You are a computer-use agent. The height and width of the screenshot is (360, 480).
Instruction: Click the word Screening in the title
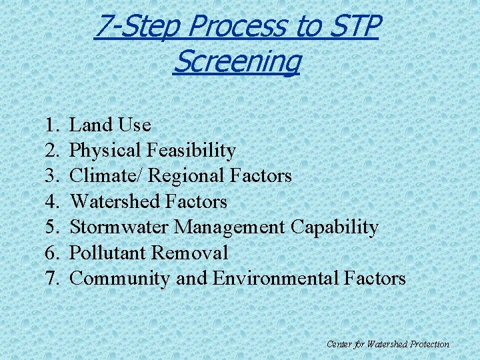(237, 62)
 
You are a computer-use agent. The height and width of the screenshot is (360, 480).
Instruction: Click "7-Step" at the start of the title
(137, 27)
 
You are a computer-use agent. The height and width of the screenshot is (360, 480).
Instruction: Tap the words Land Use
(110, 125)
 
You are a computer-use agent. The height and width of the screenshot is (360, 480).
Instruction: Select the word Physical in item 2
(105, 151)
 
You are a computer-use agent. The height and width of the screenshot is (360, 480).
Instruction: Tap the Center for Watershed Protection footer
(388, 344)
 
